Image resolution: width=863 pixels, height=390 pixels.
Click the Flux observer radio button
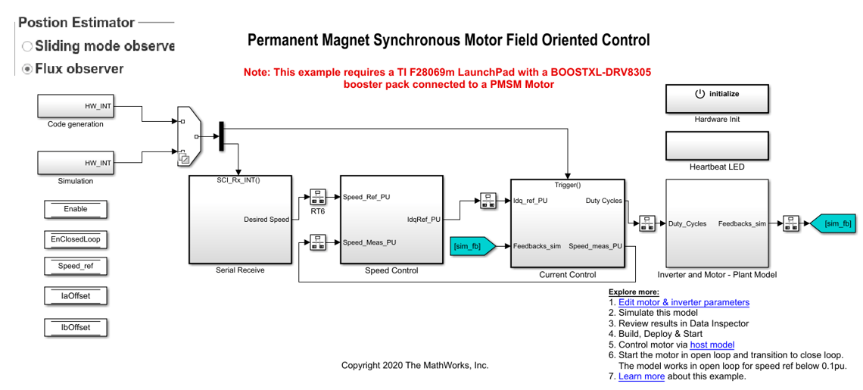[x=28, y=69]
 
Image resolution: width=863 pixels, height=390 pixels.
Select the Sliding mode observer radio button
[x=28, y=46]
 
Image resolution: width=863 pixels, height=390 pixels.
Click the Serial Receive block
[x=239, y=220]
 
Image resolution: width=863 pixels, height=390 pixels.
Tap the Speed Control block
[x=391, y=220]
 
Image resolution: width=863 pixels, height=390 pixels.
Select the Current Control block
[x=567, y=223]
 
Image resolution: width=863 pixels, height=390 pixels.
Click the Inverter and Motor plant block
[x=716, y=223]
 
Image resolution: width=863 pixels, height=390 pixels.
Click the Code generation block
[x=76, y=106]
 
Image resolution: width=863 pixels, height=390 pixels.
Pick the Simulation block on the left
[x=76, y=163]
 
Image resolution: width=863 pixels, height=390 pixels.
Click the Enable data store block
[x=76, y=209]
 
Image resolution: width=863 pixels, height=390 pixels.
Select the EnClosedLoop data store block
[x=76, y=239]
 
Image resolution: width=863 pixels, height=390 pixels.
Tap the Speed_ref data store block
[x=76, y=267]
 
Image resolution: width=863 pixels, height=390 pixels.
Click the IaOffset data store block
[x=76, y=296]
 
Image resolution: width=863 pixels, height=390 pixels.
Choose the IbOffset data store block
[x=76, y=327]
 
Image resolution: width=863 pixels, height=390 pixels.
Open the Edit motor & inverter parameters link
[x=684, y=302]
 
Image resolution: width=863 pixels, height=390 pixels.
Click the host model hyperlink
[x=712, y=345]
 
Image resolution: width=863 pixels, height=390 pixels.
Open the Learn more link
[x=641, y=376]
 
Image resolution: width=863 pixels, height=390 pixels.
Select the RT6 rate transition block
[x=317, y=197]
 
